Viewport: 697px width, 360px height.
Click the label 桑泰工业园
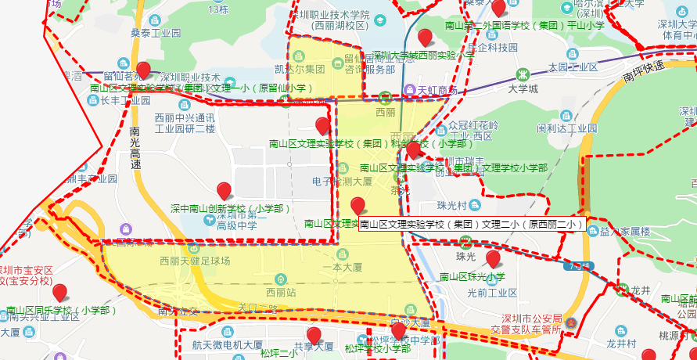pos(155,34)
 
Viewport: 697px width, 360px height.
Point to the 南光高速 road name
pos(136,149)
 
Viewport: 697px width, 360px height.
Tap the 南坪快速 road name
pos(645,72)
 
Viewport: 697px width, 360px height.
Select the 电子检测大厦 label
pos(343,181)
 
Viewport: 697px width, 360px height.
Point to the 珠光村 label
pos(452,206)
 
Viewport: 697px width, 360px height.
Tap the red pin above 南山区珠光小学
pos(493,259)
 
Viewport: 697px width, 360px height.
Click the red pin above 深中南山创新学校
pos(225,191)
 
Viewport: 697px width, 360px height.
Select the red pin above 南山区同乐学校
pos(59,293)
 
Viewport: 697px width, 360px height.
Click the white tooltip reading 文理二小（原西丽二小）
pos(472,225)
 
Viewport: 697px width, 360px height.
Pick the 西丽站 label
pos(281,292)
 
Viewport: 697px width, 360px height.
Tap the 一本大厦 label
pos(337,267)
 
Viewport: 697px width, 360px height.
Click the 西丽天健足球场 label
pos(195,261)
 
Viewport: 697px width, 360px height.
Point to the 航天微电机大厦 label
pos(227,344)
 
